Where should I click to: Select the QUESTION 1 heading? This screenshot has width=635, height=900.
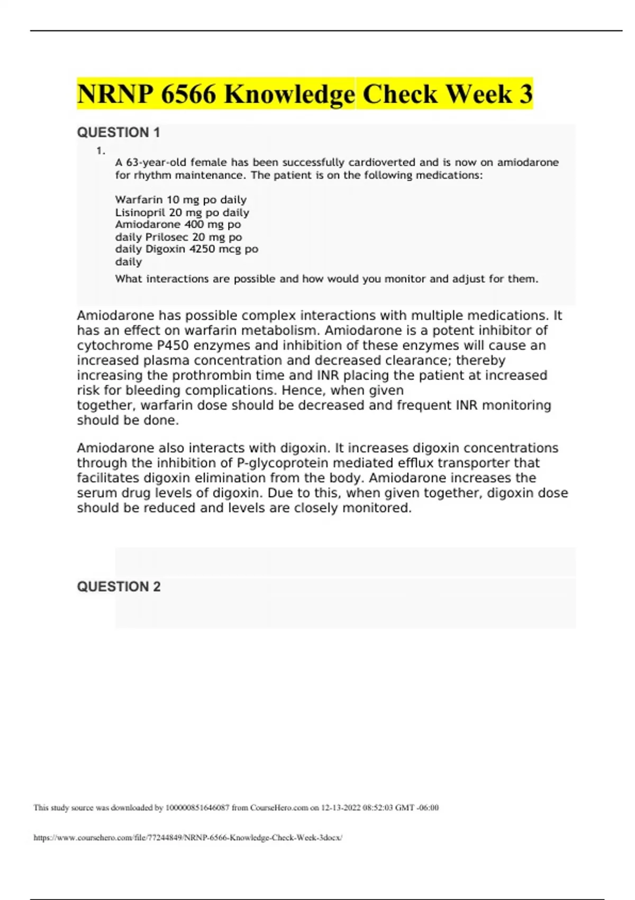coord(119,132)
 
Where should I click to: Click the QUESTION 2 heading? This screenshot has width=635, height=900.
coord(119,587)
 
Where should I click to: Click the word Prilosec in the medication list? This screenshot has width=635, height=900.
coord(167,237)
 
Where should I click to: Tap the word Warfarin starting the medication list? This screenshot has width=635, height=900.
coord(139,200)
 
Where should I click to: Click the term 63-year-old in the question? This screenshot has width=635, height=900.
coord(156,163)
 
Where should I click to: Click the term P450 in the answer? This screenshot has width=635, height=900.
coord(173,345)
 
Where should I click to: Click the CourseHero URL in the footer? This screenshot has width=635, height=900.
coord(188,838)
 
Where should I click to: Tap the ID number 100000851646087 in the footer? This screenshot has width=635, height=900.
coord(197,808)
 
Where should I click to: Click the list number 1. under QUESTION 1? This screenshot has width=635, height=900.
coord(101,151)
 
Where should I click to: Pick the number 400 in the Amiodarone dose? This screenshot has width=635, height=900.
coord(194,224)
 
